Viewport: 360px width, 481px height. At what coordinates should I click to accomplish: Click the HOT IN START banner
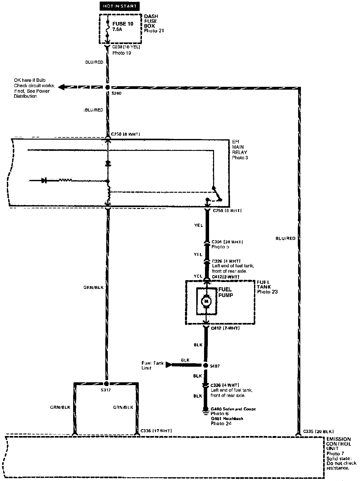point(120,6)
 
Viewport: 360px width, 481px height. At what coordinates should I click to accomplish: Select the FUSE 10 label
point(123,24)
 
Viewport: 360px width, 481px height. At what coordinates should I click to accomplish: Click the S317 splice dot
point(106,383)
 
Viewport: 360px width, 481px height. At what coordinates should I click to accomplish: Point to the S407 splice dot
point(205,365)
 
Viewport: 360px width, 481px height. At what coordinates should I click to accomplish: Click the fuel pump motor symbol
point(206,301)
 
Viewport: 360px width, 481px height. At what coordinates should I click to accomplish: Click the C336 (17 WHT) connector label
point(156,431)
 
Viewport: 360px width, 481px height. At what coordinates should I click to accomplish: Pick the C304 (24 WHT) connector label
point(227,242)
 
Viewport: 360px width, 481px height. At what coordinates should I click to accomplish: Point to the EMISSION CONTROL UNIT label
point(338,444)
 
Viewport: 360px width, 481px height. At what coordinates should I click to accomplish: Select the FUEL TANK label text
point(264,284)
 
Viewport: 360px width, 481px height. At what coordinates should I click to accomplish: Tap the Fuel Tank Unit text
point(152,365)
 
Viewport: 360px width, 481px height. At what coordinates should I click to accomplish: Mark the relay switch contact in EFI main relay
point(217,194)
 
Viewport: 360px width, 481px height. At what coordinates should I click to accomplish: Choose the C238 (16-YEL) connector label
point(126,47)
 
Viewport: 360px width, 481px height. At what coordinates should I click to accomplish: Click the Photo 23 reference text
point(267,292)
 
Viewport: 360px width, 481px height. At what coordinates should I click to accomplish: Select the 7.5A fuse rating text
point(118,29)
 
